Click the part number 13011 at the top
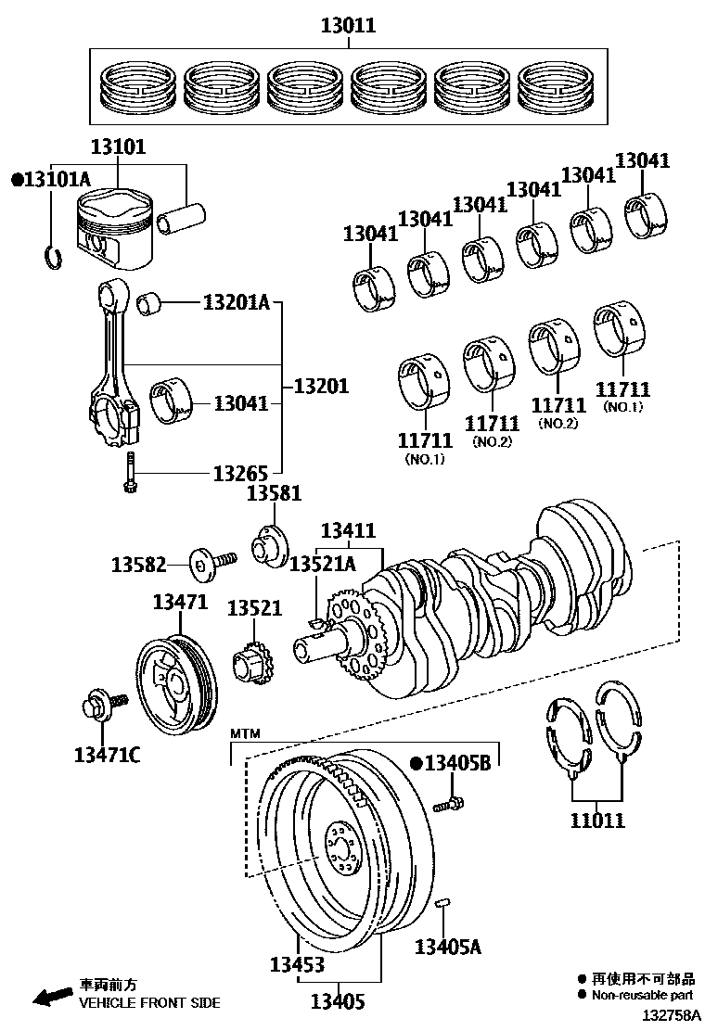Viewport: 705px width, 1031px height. coord(348,26)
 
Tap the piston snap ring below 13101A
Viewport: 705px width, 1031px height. coord(52,256)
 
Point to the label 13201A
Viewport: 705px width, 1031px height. coord(236,302)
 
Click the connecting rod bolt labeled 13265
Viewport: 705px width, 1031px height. coord(130,475)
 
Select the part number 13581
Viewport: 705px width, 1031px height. coord(274,493)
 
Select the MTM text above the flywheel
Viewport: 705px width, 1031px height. coord(246,733)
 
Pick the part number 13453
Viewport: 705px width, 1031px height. coord(297,965)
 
